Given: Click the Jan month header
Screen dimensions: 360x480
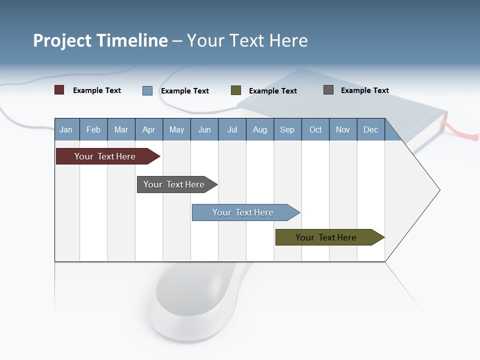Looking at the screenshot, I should pyautogui.click(x=66, y=129).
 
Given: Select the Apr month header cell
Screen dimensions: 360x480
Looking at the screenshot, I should pyautogui.click(x=148, y=129).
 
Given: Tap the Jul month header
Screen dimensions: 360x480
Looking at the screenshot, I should pyautogui.click(x=232, y=129).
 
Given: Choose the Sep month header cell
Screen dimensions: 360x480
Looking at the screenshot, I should pyautogui.click(x=287, y=129).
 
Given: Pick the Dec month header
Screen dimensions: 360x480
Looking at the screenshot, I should pyautogui.click(x=370, y=129).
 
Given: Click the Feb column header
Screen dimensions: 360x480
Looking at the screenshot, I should pyautogui.click(x=93, y=129).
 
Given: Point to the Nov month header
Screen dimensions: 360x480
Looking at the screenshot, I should pyautogui.click(x=343, y=129).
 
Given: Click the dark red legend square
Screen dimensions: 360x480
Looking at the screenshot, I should pyautogui.click(x=59, y=90).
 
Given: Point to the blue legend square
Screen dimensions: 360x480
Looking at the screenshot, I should pyautogui.click(x=147, y=90).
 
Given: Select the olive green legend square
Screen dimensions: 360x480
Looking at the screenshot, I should pyautogui.click(x=236, y=90).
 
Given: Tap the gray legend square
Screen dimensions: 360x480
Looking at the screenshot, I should pyautogui.click(x=328, y=90).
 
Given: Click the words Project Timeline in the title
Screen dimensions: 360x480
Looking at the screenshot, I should pyautogui.click(x=100, y=40).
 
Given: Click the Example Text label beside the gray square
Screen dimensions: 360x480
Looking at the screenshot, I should pyautogui.click(x=364, y=90).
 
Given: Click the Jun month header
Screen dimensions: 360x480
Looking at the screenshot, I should pyautogui.click(x=204, y=129).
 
